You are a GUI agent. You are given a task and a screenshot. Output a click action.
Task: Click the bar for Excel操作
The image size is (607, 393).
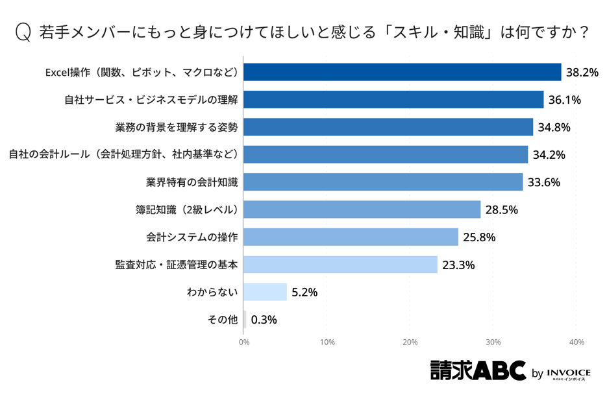point(402,72)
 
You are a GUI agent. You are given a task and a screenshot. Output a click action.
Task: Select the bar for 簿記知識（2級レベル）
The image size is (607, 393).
point(362,209)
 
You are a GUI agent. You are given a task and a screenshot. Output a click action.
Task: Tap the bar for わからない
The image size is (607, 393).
point(265,292)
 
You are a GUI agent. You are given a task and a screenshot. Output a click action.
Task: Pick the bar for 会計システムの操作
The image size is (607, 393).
point(351,237)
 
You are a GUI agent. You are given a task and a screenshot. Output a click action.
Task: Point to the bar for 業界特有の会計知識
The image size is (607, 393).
point(383,182)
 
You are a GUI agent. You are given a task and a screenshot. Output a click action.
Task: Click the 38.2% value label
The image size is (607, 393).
point(582,73)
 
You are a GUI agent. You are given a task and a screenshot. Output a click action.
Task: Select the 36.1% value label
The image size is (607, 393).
point(564,100)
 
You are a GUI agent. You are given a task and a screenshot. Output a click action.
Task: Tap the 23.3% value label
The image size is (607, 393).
point(458,265)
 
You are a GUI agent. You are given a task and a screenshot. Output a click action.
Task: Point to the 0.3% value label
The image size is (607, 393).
point(264,320)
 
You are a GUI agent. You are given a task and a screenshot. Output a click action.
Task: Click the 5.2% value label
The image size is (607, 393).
point(304,292)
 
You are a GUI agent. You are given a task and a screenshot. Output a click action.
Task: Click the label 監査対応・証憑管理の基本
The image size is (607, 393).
point(177,265)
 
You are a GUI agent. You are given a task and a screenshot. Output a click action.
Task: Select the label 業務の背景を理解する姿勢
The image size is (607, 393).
point(177,127)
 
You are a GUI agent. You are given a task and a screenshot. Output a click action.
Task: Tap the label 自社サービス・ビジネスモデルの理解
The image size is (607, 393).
point(151,100)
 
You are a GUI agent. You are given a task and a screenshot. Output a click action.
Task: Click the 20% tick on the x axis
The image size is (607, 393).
point(410,342)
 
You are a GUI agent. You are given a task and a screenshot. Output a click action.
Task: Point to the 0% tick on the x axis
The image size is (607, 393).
point(244,342)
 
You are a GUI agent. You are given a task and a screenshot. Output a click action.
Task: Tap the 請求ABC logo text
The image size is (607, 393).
point(478,370)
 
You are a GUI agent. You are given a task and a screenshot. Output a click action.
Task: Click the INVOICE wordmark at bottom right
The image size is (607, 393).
point(569,373)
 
